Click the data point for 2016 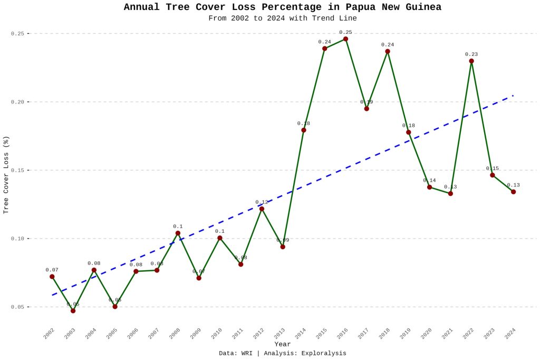[x=345, y=39]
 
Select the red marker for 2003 [x=73, y=310]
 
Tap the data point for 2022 [x=471, y=61]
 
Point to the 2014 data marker [x=304, y=130]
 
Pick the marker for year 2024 [x=513, y=192]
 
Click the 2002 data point [x=52, y=277]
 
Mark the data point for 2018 [x=388, y=51]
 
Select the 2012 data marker [x=262, y=209]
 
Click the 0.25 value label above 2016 [x=345, y=32]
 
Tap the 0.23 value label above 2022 [x=471, y=54]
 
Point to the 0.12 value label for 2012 [x=262, y=202]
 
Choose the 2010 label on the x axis [x=217, y=334]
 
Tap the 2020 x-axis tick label [x=426, y=334]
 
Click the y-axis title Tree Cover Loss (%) [x=6, y=175]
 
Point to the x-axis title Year [x=282, y=344]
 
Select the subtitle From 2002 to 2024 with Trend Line [x=282, y=18]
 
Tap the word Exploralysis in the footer [x=323, y=353]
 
